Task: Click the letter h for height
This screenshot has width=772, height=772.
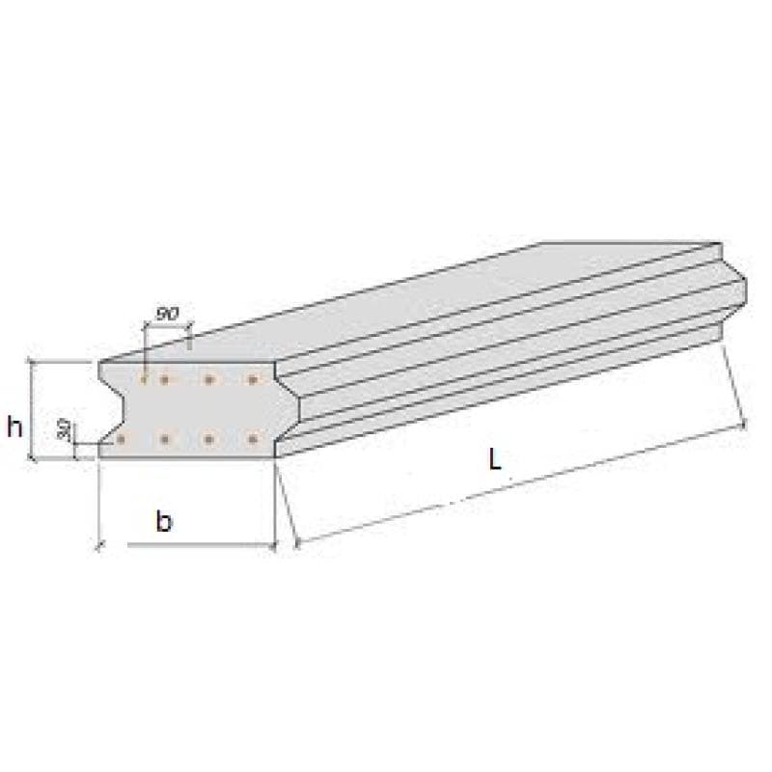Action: click(14, 427)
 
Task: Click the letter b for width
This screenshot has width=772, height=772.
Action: click(164, 521)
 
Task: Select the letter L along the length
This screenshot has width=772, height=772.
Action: click(494, 460)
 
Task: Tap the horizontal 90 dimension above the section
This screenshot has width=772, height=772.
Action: click(167, 314)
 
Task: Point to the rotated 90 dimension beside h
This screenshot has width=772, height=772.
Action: click(63, 429)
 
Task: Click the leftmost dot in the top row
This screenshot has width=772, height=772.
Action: click(144, 379)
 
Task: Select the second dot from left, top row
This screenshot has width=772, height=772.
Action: click(164, 379)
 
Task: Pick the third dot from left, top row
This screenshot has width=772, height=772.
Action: click(208, 379)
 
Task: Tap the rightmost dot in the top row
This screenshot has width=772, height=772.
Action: click(253, 379)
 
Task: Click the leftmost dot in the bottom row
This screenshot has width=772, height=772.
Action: click(121, 438)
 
